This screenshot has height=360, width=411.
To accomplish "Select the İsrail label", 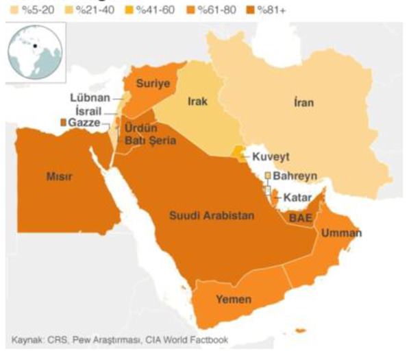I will tap(89, 110).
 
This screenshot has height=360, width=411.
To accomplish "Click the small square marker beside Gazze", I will tap(64, 122).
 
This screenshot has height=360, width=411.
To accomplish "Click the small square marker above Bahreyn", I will tap(269, 176).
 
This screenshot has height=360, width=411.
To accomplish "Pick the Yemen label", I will tap(233, 300).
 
